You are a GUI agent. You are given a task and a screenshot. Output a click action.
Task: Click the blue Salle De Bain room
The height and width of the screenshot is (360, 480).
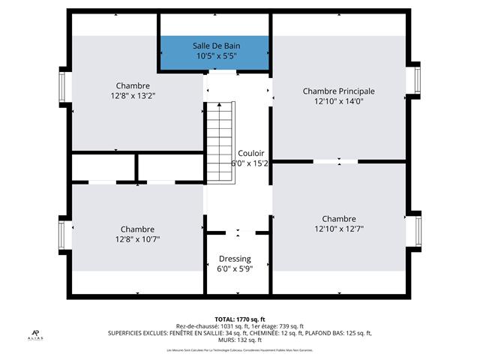(214, 51)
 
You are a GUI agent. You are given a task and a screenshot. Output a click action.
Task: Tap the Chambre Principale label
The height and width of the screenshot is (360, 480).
(338, 91)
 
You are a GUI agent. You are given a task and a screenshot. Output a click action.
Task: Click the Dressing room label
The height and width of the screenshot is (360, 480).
(235, 259)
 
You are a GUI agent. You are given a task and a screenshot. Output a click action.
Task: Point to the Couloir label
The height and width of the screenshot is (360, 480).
(251, 152)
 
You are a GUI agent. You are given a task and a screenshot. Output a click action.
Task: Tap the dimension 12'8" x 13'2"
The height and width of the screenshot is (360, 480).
(133, 96)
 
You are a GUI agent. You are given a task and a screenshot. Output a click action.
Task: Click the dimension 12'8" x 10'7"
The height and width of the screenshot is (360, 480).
(137, 239)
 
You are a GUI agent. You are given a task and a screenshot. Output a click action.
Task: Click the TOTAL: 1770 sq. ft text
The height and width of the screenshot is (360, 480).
(239, 319)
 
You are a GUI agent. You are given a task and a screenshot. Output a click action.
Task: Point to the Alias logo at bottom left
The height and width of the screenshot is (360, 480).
(35, 335)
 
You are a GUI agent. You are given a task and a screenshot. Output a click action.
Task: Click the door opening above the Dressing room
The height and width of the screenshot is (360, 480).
(237, 231)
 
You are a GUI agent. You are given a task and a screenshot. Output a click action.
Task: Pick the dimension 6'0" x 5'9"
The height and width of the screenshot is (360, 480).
(235, 268)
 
